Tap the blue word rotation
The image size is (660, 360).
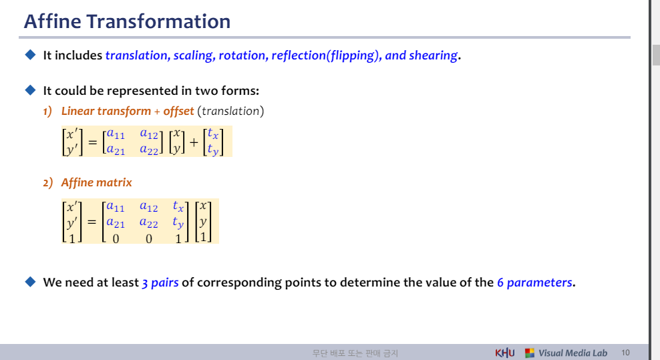tap(242, 55)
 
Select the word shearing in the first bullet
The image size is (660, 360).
tap(433, 55)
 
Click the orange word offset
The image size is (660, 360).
tap(178, 111)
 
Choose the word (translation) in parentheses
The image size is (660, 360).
tap(230, 111)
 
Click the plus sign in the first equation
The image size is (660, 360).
tap(194, 143)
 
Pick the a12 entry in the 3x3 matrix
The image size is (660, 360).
tap(148, 207)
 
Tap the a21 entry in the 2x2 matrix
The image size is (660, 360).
tap(116, 150)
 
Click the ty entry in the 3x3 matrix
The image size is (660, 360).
tap(178, 222)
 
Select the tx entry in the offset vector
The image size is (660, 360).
tap(213, 134)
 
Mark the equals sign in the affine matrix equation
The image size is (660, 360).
tap(92, 222)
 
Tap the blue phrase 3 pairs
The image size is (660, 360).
tap(160, 283)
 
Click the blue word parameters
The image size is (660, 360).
tap(539, 283)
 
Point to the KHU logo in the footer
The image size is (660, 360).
tap(504, 353)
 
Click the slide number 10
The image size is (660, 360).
tap(625, 353)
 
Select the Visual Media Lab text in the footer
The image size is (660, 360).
tap(572, 353)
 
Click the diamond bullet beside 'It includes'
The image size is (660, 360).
tap(30, 55)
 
